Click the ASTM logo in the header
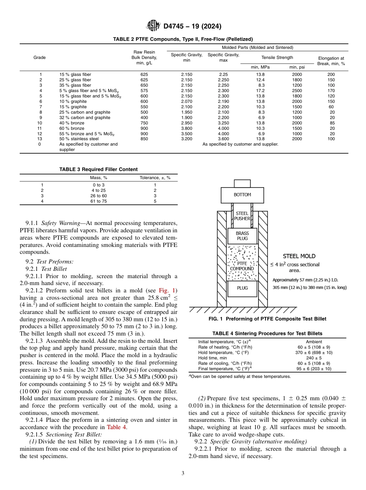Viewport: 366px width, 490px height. click(153, 26)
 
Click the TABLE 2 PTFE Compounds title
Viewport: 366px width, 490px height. click(183, 39)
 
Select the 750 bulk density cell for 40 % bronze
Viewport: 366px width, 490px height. click(144, 123)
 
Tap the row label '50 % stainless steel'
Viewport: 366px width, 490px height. click(79, 139)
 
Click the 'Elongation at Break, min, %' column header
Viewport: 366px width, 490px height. click(331, 61)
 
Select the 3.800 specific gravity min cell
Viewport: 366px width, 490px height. click(186, 128)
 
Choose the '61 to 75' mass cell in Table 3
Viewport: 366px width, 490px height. click(98, 201)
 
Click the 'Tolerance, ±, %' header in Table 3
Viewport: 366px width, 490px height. click(155, 178)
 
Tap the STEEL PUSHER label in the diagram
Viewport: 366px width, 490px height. click(242, 216)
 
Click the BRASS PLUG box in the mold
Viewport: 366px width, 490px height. click(242, 236)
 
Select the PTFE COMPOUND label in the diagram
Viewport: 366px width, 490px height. click(242, 266)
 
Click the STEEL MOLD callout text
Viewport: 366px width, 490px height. click(299, 256)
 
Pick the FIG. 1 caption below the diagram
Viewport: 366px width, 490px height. click(267, 319)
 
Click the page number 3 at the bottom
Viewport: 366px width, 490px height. click(183, 473)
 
